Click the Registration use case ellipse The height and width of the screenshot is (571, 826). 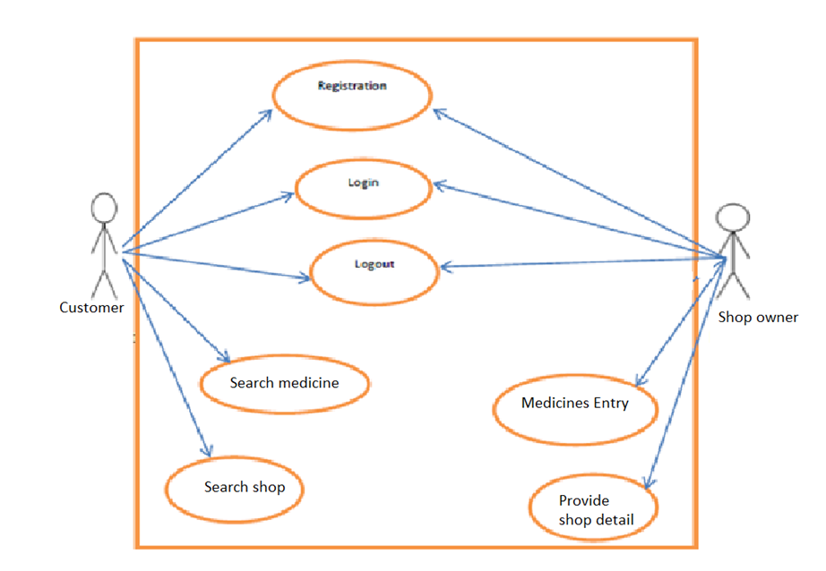tap(352, 96)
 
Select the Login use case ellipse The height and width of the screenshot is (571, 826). tap(363, 188)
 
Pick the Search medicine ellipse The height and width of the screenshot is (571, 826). tap(284, 383)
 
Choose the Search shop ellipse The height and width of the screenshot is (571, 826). tap(235, 489)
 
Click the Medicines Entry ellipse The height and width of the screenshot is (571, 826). tap(575, 408)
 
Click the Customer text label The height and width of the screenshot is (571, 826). tap(91, 308)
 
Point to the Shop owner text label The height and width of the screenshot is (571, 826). tap(758, 317)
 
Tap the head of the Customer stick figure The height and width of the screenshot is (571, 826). tap(105, 209)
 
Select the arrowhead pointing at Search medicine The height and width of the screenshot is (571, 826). tap(226, 358)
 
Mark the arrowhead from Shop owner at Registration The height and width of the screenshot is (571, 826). tap(436, 111)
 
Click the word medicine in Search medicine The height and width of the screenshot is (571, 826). tap(309, 383)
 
